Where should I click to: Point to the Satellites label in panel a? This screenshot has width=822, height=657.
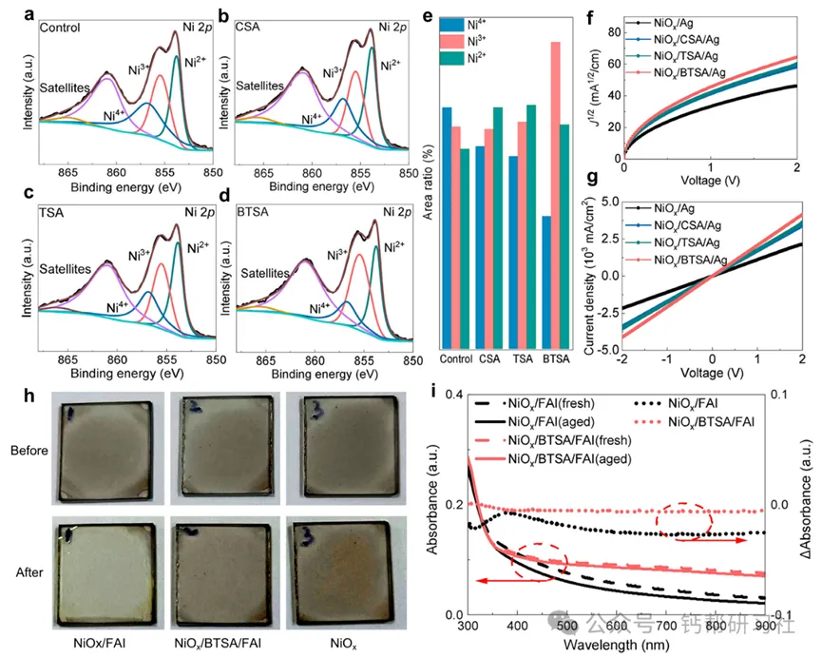coord(65,87)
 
